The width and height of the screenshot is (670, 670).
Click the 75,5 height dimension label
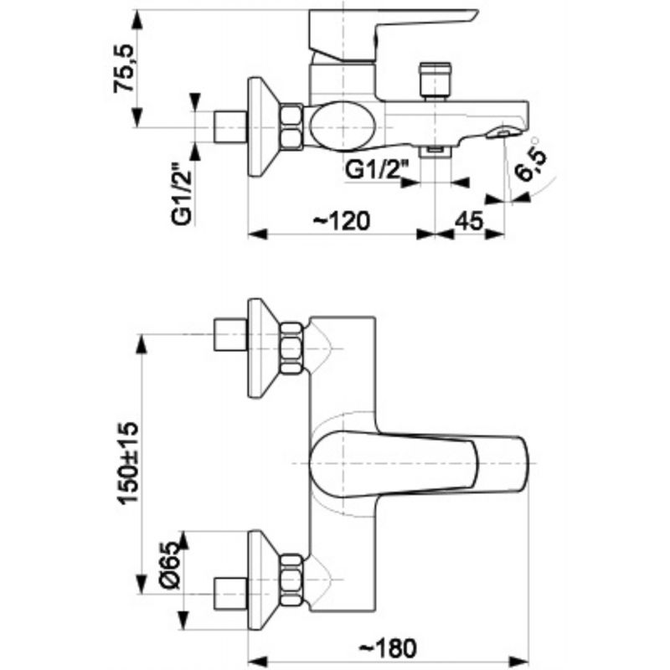coord(124,68)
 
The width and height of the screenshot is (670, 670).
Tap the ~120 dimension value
coord(342,221)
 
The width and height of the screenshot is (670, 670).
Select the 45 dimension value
coord(469,221)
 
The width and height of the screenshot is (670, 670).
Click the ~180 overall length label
coord(387,648)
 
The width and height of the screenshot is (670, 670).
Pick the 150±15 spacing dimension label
coord(129,464)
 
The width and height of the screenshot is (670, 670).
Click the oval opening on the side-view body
coord(343,126)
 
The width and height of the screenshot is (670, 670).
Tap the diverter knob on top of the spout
coord(435,80)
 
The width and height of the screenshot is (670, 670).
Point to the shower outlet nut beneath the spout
coord(435,152)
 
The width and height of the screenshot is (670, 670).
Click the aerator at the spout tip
coord(502,132)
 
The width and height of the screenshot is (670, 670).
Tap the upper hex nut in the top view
coord(292,348)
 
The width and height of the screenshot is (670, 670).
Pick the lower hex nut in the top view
coord(292,580)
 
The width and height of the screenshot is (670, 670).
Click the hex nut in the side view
coord(292,127)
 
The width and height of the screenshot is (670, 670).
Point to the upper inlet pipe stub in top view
coord(230,334)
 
